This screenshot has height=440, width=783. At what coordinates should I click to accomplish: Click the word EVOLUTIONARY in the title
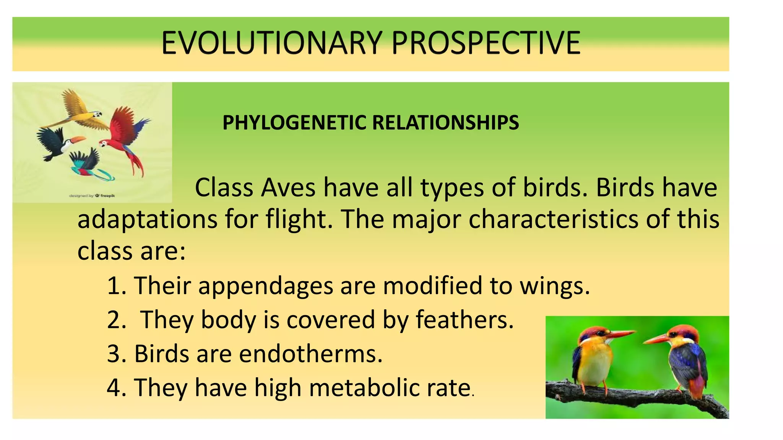click(271, 43)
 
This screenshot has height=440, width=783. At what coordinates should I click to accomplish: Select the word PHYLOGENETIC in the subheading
click(294, 123)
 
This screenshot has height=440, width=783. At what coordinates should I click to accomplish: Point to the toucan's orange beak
click(78, 140)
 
